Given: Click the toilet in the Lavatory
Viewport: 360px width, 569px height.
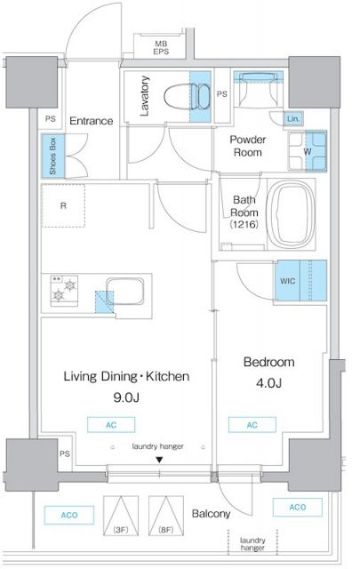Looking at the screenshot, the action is (187, 96).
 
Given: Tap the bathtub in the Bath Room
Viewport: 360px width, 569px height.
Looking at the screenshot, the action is (291, 214).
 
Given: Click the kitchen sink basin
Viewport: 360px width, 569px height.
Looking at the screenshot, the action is (124, 292).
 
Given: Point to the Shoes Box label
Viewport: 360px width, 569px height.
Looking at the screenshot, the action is (53, 156).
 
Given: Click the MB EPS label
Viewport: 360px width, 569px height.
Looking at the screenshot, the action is (161, 47).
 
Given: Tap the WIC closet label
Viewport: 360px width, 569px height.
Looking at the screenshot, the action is (287, 281).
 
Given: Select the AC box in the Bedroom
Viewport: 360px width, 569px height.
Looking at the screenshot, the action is (252, 425).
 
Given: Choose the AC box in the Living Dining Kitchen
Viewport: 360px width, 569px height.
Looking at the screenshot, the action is (111, 425).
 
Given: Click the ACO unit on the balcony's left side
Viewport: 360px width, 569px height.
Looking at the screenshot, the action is (69, 515).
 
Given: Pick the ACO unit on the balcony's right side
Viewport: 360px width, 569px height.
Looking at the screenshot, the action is (298, 507).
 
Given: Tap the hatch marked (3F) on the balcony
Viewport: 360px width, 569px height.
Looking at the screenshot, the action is (121, 516).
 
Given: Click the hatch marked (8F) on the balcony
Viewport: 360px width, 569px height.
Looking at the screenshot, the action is (166, 516).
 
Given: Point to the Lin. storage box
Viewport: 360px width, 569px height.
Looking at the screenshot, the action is (293, 118).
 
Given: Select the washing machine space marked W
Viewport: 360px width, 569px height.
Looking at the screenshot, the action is (308, 151).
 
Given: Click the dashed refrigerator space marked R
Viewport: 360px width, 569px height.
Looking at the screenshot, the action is (63, 205).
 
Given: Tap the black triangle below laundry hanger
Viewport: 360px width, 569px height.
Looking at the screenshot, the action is (159, 461).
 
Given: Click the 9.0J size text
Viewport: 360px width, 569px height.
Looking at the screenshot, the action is (126, 397).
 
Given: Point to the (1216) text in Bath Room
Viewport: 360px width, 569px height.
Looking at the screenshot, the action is (244, 224).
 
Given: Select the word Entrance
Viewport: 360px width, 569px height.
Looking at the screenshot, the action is (91, 121).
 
